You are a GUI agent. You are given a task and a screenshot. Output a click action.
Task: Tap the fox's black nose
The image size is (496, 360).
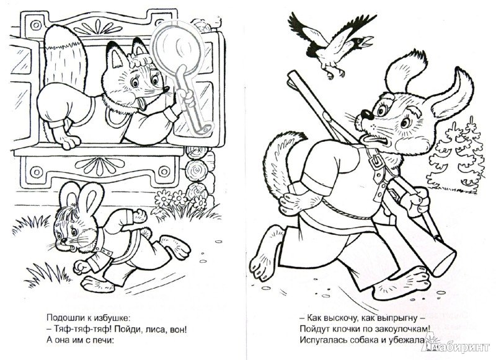coord(166,89)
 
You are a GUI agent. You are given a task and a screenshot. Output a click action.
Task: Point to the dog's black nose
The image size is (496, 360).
coord(367,114)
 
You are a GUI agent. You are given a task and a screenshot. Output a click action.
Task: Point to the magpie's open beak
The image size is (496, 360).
coord(369,41)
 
